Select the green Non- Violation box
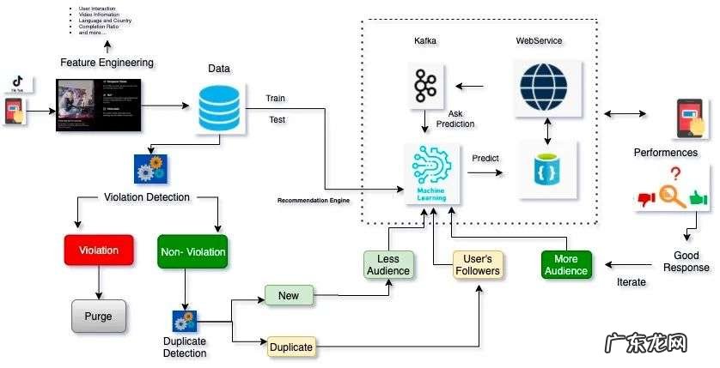tap(192, 251)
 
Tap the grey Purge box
tap(98, 315)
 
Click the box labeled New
tap(289, 296)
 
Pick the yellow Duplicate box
tap(290, 347)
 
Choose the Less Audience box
tap(388, 264)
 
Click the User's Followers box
tap(478, 264)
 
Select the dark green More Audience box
tap(566, 264)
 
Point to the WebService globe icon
tap(545, 87)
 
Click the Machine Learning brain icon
tap(431, 172)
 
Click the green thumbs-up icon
tap(697, 199)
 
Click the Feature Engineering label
tap(107, 63)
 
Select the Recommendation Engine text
tap(316, 200)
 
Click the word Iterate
tap(632, 282)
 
